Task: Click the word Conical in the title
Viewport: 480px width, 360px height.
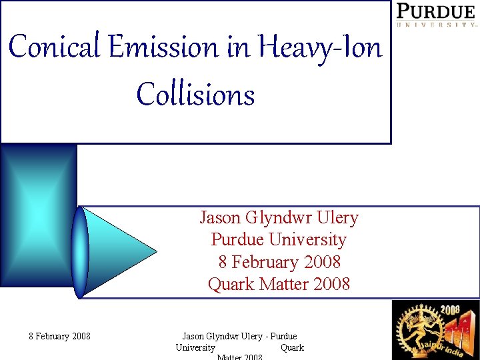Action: coord(50,47)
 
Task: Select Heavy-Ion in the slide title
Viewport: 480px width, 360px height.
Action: coord(319,47)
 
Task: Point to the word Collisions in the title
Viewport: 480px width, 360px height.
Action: coord(195,94)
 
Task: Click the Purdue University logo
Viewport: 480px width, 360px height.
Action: coord(437,14)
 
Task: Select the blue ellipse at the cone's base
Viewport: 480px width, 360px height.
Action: coord(81,252)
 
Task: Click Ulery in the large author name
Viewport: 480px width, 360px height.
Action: coord(337,218)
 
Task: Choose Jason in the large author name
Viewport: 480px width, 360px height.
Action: coord(221,218)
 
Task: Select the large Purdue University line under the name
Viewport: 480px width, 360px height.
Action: coord(279,240)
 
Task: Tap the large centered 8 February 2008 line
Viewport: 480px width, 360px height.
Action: coord(279,262)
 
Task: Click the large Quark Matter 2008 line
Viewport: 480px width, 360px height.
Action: coord(279,284)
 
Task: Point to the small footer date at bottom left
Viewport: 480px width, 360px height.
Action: coord(59,336)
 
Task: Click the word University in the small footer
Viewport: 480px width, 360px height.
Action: coord(195,347)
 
